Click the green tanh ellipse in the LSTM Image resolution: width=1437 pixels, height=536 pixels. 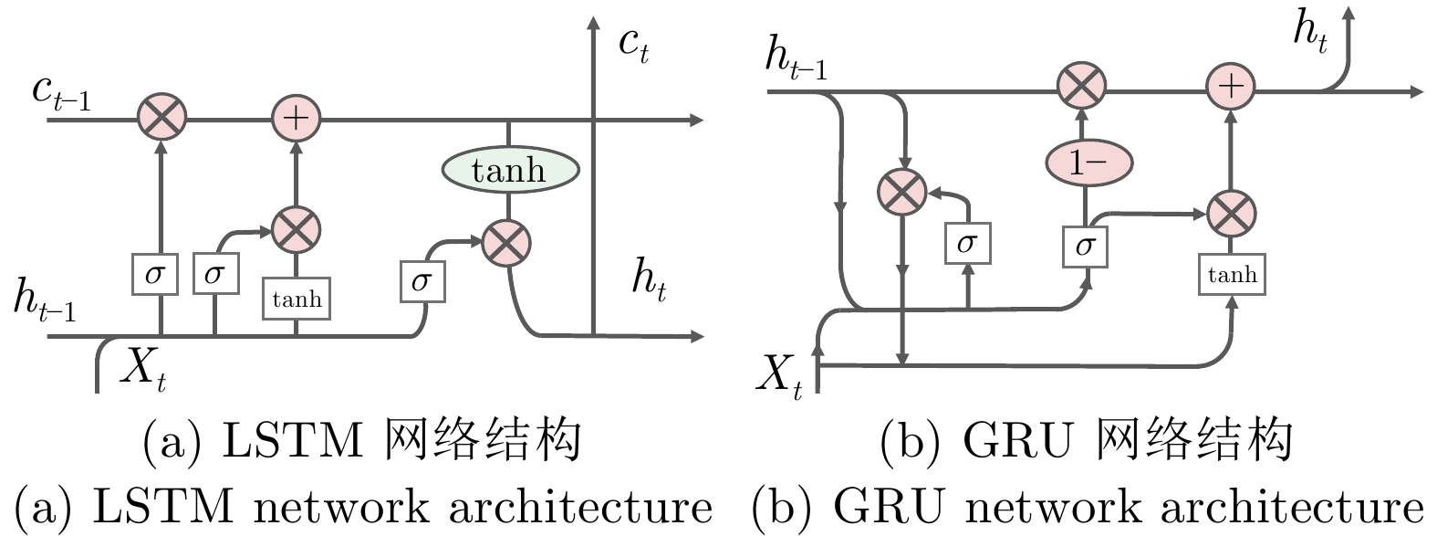coord(510,170)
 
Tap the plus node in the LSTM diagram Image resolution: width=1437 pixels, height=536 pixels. coord(297,119)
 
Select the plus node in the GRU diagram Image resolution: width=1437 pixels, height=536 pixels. coord(1231,87)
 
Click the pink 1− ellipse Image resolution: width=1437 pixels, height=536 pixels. coord(1088,163)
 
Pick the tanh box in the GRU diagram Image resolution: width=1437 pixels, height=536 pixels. coord(1232,275)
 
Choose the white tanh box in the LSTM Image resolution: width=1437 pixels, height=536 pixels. coord(297,300)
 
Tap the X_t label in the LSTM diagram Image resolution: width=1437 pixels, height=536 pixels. coord(144,370)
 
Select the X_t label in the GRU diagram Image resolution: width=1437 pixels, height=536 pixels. coord(779,375)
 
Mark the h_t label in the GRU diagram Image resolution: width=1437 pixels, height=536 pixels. coord(1310,32)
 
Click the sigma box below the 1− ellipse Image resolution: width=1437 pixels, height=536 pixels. coord(1085,245)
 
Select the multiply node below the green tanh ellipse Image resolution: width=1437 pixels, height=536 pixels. coord(506,243)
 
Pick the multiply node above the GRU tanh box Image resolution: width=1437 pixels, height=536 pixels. coord(1231,214)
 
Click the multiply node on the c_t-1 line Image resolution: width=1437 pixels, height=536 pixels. coord(161,118)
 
